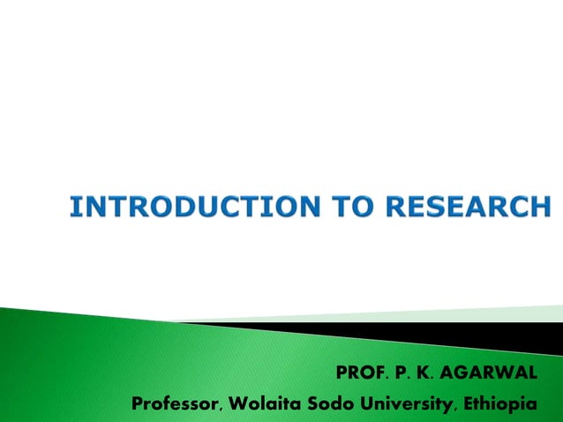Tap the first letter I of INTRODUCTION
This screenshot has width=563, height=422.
point(74,207)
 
